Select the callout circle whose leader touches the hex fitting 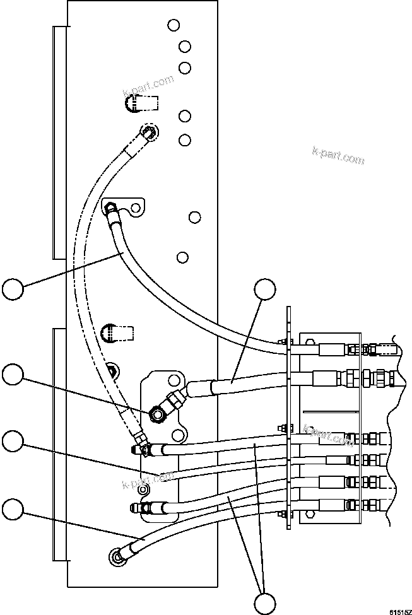(13, 375)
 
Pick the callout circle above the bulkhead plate (265, 291)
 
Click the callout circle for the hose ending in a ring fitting (13, 508)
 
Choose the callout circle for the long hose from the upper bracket (13, 289)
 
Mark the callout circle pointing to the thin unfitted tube (13, 441)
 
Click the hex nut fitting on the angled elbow (156, 414)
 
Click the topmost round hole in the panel (174, 25)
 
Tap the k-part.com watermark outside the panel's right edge (338, 156)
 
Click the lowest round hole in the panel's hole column (182, 257)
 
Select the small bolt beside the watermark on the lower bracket (143, 489)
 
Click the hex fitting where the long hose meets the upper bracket (111, 207)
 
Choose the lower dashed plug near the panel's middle (116, 332)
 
